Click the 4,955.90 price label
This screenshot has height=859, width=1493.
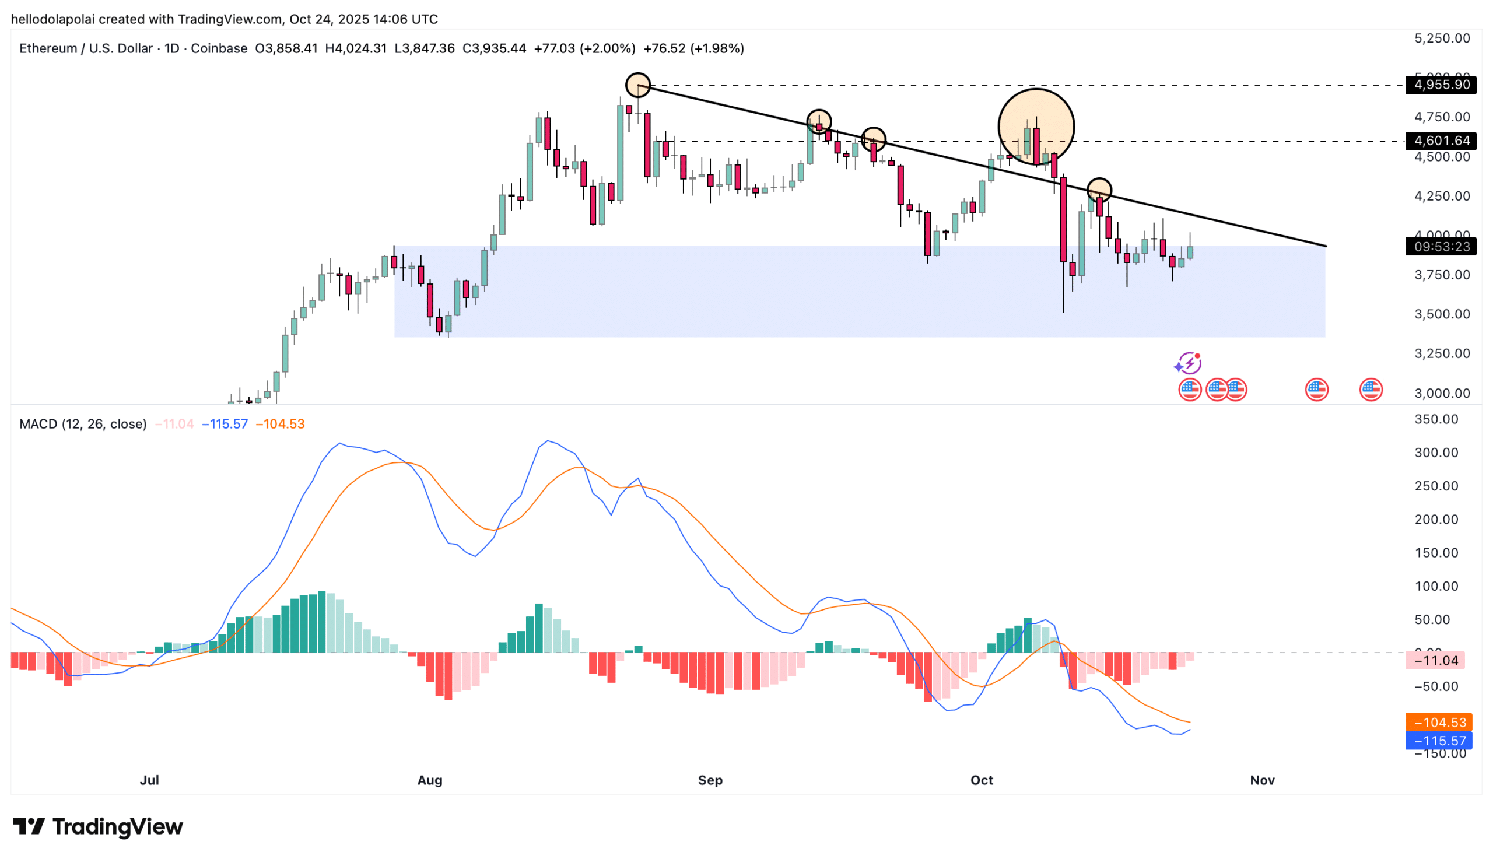coord(1440,85)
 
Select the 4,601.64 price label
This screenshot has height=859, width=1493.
coord(1440,141)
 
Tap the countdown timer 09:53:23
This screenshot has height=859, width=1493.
coord(1440,246)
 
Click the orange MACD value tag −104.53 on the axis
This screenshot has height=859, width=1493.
coord(1438,722)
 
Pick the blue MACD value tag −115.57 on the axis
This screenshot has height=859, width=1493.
coord(1438,741)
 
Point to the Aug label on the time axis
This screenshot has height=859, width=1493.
coord(429,780)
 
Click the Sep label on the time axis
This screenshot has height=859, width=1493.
coord(710,780)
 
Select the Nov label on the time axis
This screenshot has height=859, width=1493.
coord(1262,780)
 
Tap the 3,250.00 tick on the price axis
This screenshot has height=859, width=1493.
coord(1442,353)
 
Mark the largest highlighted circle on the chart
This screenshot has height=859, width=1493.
coord(1036,127)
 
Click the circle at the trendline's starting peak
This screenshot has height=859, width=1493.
coord(637,85)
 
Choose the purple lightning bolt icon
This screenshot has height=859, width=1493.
coord(1188,363)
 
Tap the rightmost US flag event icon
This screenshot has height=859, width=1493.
coord(1371,390)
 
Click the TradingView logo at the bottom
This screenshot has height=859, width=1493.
coord(98,826)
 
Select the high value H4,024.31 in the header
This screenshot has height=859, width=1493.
coord(356,48)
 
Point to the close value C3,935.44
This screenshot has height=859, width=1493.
coord(494,48)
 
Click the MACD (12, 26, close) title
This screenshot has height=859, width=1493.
coord(83,423)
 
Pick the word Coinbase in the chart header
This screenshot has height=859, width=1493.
coord(219,48)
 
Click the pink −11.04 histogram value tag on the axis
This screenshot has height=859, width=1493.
coord(1436,660)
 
